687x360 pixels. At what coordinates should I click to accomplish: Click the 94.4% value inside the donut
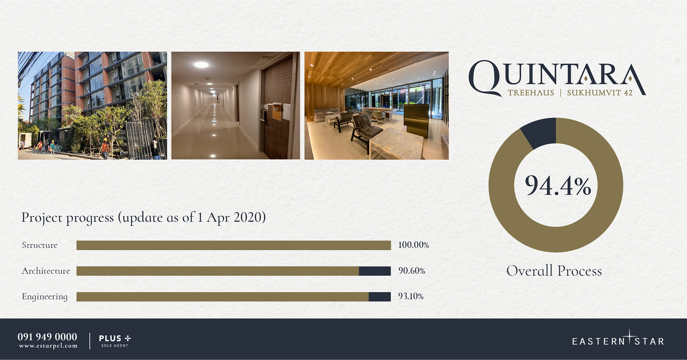pyautogui.click(x=558, y=185)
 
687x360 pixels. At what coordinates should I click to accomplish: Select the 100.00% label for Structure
pyautogui.click(x=414, y=245)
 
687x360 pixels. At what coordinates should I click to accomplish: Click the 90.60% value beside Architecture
pyautogui.click(x=412, y=271)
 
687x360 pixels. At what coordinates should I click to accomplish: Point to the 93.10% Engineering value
pyautogui.click(x=411, y=296)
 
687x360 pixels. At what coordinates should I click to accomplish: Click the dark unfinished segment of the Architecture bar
pyautogui.click(x=375, y=271)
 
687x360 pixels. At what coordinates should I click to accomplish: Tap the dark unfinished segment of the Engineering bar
pyautogui.click(x=380, y=297)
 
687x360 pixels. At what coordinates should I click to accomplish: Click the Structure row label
pyautogui.click(x=40, y=245)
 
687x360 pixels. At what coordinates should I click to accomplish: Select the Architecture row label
pyautogui.click(x=46, y=271)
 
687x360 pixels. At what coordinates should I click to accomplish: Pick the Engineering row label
pyautogui.click(x=45, y=297)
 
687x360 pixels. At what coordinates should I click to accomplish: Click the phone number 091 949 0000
pyautogui.click(x=47, y=337)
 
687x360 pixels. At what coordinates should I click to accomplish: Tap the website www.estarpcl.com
pyautogui.click(x=48, y=346)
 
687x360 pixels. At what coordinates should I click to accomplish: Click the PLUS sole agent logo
pyautogui.click(x=115, y=341)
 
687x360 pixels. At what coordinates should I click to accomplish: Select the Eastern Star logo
pyautogui.click(x=618, y=339)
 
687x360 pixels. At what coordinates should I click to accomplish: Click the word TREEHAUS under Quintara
pyautogui.click(x=531, y=93)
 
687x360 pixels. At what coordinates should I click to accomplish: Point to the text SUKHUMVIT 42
pyautogui.click(x=600, y=93)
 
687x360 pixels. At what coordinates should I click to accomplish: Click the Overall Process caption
pyautogui.click(x=554, y=271)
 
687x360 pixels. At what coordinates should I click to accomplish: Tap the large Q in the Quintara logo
pyautogui.click(x=485, y=78)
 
